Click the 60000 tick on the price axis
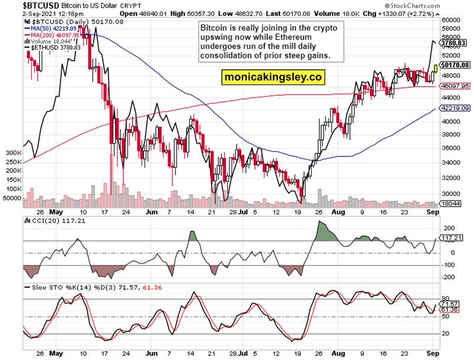point(451,20)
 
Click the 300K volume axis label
point(11,152)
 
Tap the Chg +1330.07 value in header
point(403,12)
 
